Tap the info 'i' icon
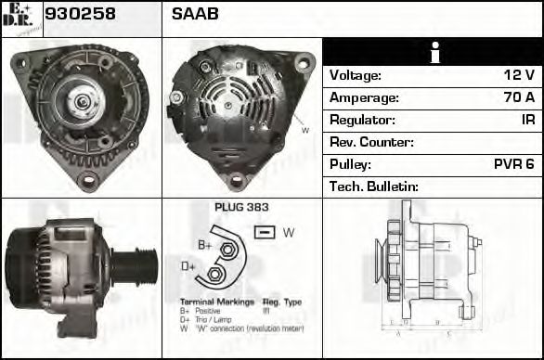[x=434, y=53]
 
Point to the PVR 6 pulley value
[x=513, y=165]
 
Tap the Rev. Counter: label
[x=371, y=143]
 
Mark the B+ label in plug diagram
[x=205, y=245]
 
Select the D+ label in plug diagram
[x=188, y=267]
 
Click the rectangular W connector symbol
[x=264, y=231]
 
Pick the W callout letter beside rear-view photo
[x=305, y=131]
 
